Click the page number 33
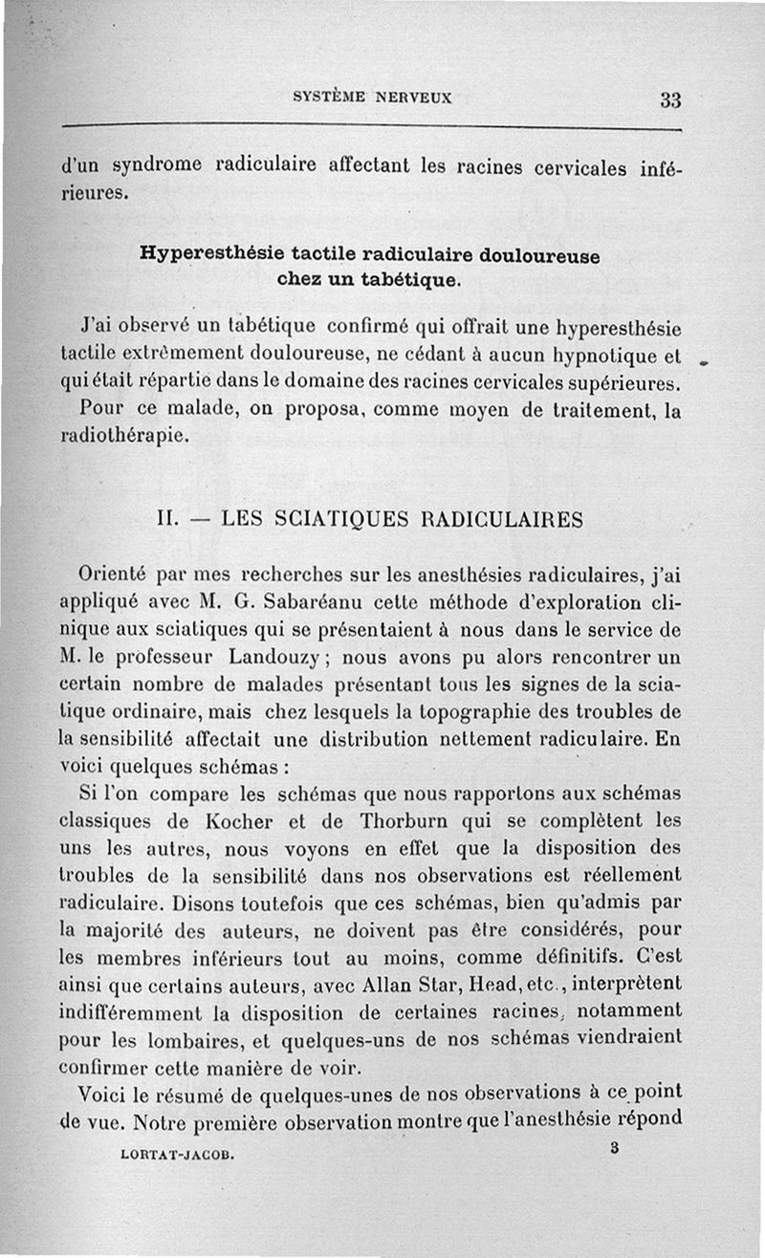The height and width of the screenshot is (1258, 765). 669,99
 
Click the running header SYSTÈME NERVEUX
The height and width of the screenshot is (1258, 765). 372,97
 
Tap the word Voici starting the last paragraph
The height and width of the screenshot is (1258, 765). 104,1092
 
